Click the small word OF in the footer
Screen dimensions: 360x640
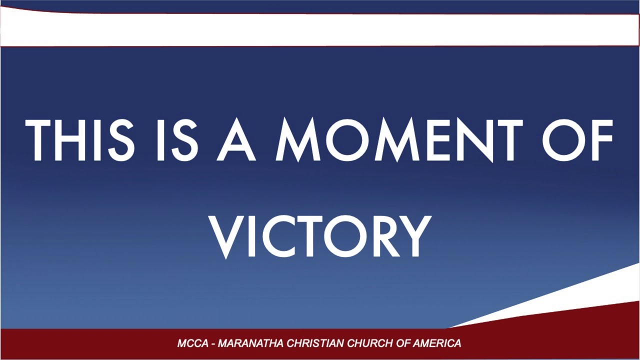click(401, 343)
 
